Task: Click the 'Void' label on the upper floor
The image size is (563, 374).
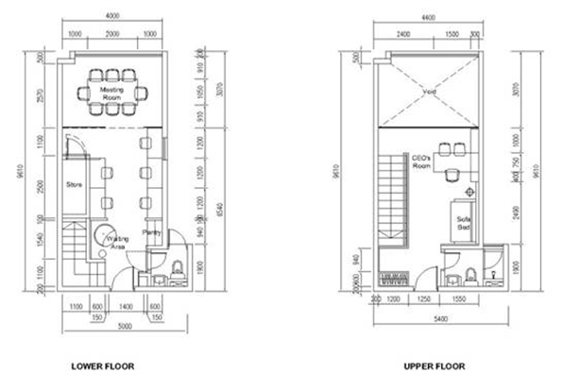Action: [x=428, y=93]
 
